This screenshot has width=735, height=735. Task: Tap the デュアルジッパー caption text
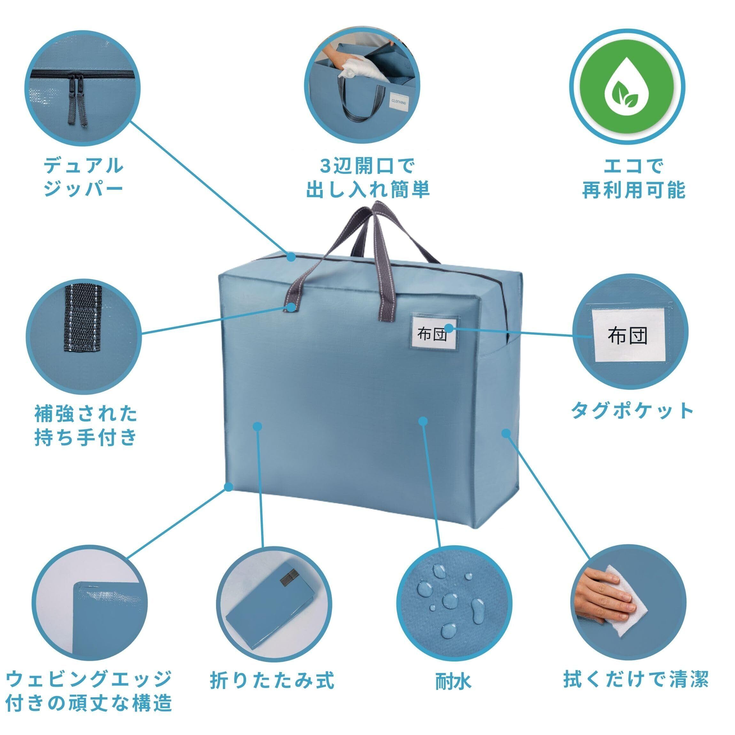pyautogui.click(x=83, y=177)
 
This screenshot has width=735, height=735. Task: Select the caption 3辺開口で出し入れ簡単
pyautogui.click(x=367, y=177)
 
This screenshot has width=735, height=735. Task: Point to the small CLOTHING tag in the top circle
pyautogui.click(x=398, y=102)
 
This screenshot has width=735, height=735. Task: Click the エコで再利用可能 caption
pyautogui.click(x=634, y=177)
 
